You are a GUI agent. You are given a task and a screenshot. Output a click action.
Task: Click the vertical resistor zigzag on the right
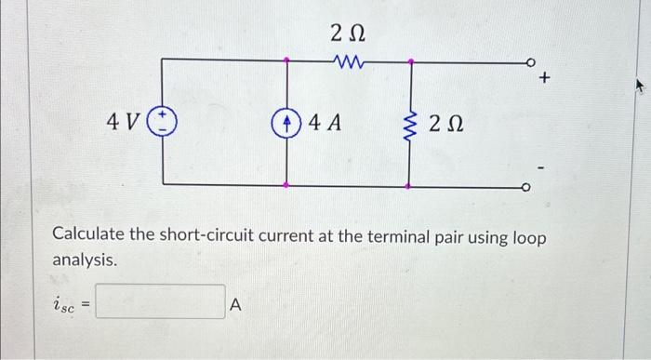410,122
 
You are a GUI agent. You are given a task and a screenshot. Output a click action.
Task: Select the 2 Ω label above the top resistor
348,33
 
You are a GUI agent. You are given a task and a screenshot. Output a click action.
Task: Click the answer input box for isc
160,302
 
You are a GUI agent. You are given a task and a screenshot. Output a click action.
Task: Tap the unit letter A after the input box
235,303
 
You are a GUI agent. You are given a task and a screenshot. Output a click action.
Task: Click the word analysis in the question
84,261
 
